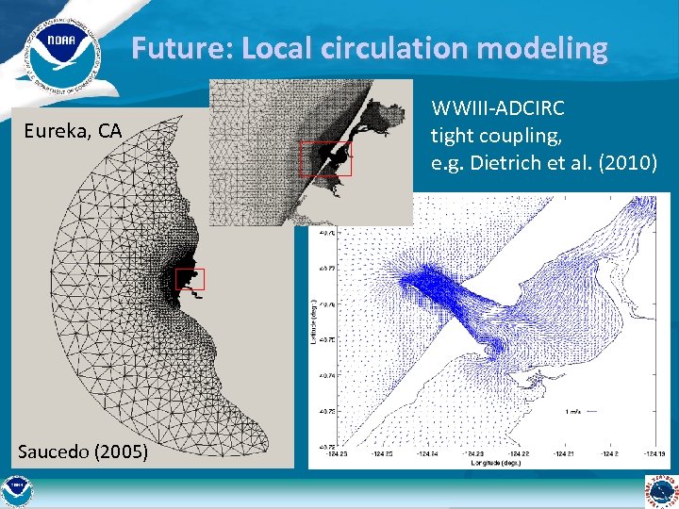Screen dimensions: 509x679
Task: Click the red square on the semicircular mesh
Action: pos(190,278)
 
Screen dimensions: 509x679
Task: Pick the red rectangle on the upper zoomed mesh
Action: pos(325,158)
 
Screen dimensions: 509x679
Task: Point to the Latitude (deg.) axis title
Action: pos(314,320)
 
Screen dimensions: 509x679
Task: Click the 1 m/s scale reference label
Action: pos(573,412)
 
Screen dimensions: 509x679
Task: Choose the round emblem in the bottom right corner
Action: pos(661,491)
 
